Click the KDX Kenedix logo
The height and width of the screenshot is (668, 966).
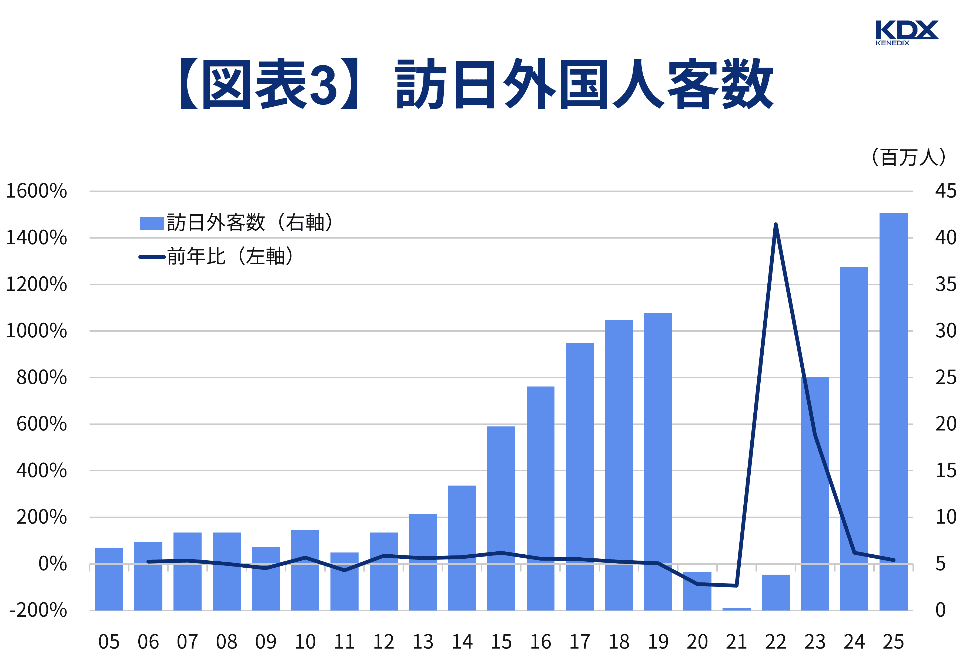click(907, 32)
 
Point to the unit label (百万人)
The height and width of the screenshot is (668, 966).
click(908, 157)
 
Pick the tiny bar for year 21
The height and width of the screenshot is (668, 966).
click(736, 609)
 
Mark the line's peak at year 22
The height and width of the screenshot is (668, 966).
click(776, 225)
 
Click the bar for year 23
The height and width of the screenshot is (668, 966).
click(815, 494)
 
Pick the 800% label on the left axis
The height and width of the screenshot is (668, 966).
click(41, 378)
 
